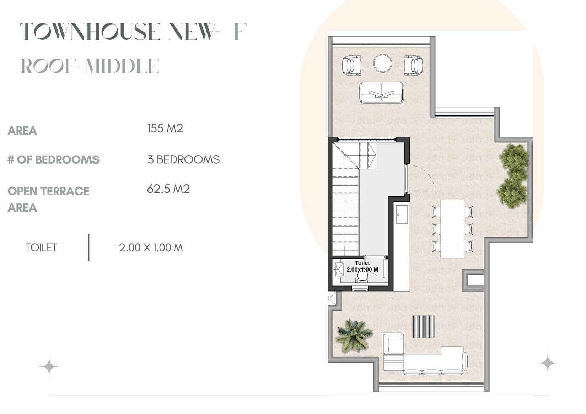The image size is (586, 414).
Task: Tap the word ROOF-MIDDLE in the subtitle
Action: click(90, 66)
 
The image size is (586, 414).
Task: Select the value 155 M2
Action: click(165, 128)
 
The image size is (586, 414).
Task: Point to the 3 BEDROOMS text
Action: click(183, 159)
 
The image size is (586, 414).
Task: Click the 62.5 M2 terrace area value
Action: click(168, 189)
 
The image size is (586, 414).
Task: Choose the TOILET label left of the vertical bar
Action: click(41, 247)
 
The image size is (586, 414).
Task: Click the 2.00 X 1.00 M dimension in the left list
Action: click(151, 247)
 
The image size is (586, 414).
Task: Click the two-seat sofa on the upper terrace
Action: click(381, 93)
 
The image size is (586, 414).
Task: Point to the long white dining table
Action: click(452, 229)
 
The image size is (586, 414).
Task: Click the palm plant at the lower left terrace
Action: click(354, 335)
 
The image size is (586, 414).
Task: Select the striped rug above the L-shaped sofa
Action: click(423, 326)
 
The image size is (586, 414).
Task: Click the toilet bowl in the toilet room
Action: click(362, 275)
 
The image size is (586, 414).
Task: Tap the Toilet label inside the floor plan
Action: click(362, 263)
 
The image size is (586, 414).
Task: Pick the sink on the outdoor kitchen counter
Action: click(402, 214)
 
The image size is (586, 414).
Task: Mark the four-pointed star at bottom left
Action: click(49, 366)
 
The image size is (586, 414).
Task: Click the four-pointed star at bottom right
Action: click(547, 363)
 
